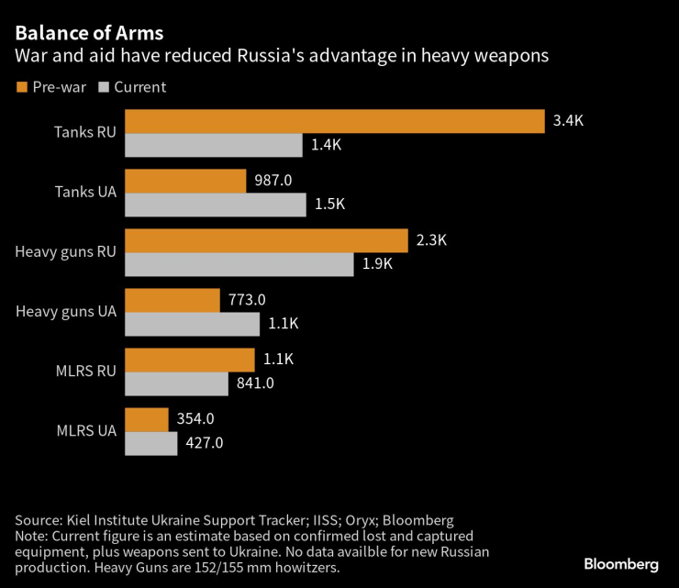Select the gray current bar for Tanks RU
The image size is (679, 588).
[213, 145]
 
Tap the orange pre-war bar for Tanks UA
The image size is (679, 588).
[185, 181]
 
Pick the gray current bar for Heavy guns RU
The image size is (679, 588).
[239, 264]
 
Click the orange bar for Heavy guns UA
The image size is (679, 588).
[172, 300]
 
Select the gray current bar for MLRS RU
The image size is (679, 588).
[176, 383]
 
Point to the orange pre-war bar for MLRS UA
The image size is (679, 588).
[146, 419]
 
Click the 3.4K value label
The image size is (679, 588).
[568, 121]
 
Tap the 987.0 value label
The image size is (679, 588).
[273, 181]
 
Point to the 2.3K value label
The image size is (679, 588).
[431, 240]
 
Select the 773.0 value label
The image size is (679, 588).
[247, 300]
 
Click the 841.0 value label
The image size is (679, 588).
[255, 383]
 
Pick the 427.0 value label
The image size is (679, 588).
[205, 443]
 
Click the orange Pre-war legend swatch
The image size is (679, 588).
[21, 87]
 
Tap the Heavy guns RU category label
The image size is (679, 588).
[66, 252]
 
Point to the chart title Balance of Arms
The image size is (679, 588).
[89, 33]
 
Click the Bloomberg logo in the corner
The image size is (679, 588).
[621, 562]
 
